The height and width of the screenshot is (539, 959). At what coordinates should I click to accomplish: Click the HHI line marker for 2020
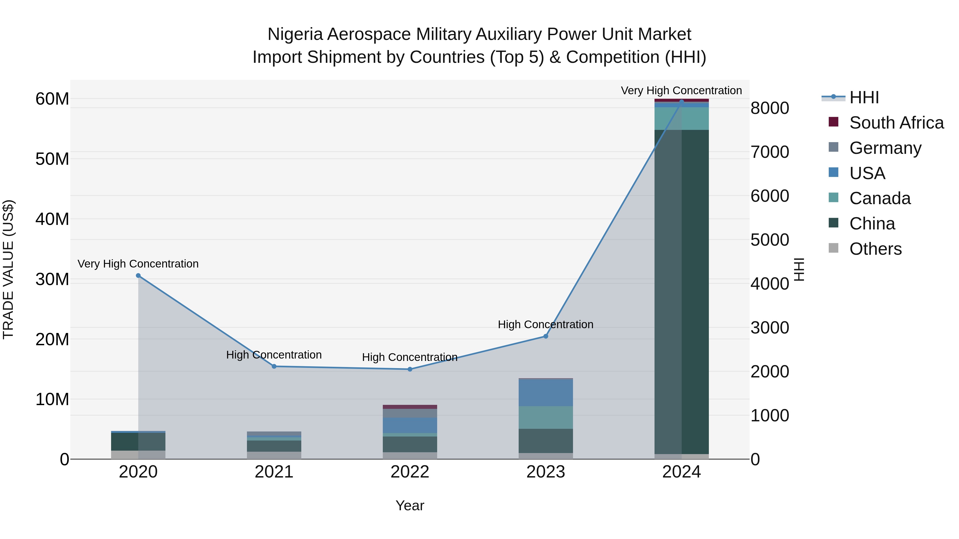[x=138, y=276]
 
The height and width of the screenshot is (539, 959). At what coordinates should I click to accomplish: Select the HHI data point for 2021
[x=274, y=367]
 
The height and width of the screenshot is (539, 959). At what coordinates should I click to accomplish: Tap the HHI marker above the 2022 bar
[x=410, y=369]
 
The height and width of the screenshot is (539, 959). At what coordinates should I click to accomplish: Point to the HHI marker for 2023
[x=546, y=336]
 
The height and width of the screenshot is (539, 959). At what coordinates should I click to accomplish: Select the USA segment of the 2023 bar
[x=546, y=392]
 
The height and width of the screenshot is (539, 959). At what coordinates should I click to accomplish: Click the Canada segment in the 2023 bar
[x=546, y=417]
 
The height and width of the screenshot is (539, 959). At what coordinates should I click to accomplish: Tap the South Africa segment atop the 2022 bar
[x=410, y=407]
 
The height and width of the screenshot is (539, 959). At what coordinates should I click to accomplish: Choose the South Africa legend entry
[x=896, y=123]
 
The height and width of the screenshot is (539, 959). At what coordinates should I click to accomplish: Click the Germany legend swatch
[x=834, y=147]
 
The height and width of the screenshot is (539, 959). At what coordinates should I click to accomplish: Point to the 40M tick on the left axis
[x=52, y=219]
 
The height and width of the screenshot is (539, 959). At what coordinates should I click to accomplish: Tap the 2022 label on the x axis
[x=410, y=472]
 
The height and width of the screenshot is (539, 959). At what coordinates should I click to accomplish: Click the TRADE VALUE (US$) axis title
[x=8, y=269]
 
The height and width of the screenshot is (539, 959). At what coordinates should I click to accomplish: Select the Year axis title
[x=410, y=505]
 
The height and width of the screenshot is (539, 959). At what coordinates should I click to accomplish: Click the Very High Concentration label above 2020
[x=138, y=264]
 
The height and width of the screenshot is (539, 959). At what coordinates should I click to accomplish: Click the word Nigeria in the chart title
[x=295, y=34]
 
